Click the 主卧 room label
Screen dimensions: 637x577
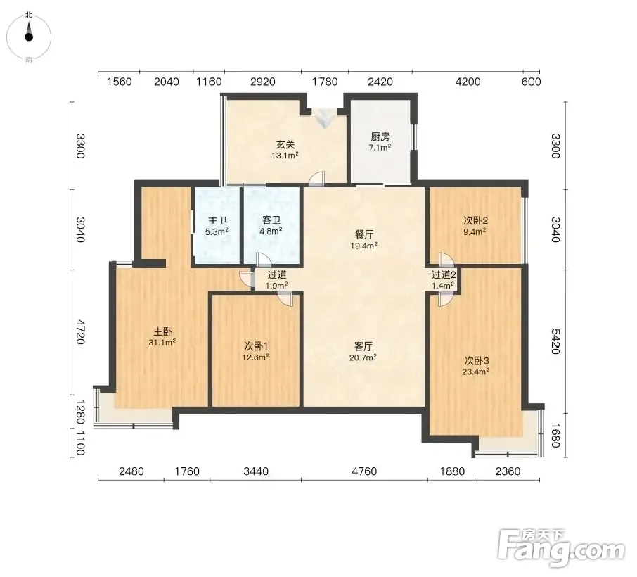click(x=162, y=331)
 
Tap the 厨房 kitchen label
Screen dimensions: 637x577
click(x=380, y=137)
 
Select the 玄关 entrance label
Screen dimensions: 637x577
click(x=285, y=144)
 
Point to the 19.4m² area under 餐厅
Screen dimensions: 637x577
click(x=364, y=246)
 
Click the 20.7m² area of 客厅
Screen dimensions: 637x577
click(x=363, y=357)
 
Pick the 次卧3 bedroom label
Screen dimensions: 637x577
click(x=477, y=361)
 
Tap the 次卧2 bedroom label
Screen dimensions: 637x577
click(x=476, y=220)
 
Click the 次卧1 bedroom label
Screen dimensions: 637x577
click(x=256, y=346)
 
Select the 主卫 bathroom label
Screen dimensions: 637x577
click(x=217, y=221)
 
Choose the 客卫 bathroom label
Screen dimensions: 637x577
click(x=271, y=220)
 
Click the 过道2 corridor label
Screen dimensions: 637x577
click(x=444, y=275)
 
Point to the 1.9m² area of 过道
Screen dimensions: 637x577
click(x=276, y=286)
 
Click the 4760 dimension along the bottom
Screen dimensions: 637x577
click(x=364, y=471)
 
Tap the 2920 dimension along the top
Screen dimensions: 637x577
click(x=263, y=82)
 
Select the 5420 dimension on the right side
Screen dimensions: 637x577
click(x=555, y=341)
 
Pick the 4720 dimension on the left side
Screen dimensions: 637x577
click(x=81, y=332)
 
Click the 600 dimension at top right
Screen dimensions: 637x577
click(x=531, y=82)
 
